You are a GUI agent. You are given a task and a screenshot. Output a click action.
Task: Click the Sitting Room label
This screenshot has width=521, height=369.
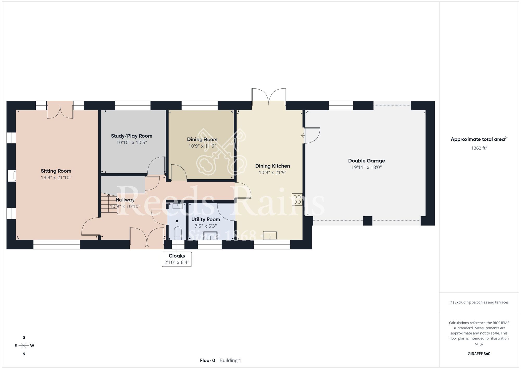(x=56, y=171)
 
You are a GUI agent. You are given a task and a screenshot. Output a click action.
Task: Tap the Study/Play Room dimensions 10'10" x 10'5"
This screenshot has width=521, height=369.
(x=132, y=142)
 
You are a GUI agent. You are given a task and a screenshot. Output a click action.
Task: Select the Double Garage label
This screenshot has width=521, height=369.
(x=367, y=161)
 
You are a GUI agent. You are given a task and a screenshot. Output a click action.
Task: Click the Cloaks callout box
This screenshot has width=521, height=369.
(x=177, y=259)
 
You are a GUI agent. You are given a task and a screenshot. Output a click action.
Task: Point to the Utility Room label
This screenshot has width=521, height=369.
(x=206, y=219)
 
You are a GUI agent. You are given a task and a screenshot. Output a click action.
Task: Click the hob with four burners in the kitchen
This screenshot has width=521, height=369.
(x=297, y=199)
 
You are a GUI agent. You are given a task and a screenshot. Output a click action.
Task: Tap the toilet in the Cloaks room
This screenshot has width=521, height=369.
(x=177, y=233)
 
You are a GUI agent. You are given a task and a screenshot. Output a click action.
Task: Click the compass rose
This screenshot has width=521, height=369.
(x=24, y=346)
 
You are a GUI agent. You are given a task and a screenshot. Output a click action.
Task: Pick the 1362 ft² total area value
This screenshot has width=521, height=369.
(x=479, y=148)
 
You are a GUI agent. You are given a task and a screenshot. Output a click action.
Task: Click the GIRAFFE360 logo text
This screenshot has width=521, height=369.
(x=479, y=354)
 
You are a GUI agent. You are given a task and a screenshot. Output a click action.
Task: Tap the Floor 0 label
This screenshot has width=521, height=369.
(x=208, y=360)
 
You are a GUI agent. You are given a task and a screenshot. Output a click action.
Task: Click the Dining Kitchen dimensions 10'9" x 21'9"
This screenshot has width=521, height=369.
(x=272, y=172)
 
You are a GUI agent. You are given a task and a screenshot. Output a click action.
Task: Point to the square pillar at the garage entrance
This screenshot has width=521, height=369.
(x=368, y=221)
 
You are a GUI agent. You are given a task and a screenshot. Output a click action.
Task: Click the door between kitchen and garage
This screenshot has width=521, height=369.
(x=312, y=135)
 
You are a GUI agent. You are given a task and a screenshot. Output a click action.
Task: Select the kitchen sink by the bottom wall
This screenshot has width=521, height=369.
(x=270, y=236)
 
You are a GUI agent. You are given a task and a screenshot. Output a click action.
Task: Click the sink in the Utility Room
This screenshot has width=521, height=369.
(x=210, y=236)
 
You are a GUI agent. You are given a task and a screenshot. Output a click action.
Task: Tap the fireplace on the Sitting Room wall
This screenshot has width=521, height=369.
(x=12, y=176)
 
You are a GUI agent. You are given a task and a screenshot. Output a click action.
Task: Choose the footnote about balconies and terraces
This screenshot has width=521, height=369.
(x=479, y=302)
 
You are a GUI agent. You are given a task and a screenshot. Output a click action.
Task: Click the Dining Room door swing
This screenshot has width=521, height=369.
(x=178, y=172)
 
